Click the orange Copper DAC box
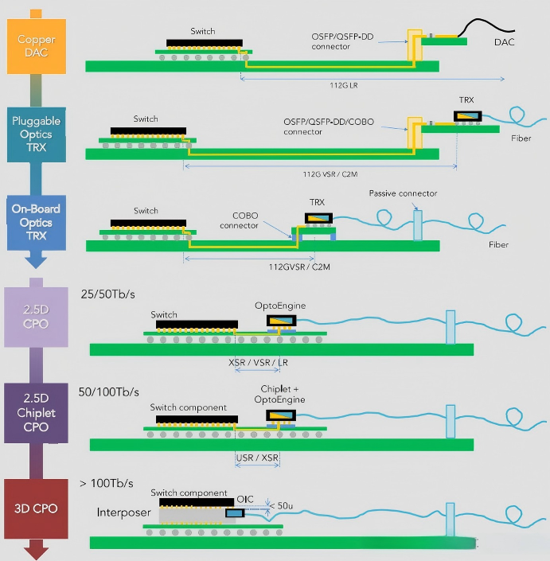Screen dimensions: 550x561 (x=37, y=46)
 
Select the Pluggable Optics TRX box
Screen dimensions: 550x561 (x=37, y=134)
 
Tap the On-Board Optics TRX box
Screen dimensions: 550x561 (x=37, y=222)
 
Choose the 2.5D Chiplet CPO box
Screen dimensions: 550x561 (x=36, y=413)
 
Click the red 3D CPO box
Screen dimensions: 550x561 (x=36, y=508)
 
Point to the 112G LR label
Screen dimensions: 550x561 (x=344, y=85)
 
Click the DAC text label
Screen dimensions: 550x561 (x=504, y=42)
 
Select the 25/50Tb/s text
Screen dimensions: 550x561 (x=107, y=294)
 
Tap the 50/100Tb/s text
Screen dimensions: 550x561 (x=108, y=392)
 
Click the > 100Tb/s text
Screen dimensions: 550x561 (x=107, y=483)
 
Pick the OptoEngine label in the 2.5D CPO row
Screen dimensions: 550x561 (x=280, y=306)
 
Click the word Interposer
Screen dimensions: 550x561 (x=124, y=512)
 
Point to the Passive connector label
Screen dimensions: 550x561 (x=403, y=193)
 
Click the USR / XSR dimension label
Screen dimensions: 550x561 (x=257, y=458)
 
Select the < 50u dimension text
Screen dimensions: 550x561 (x=281, y=506)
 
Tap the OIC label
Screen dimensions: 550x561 (x=245, y=499)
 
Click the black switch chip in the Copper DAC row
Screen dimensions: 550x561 (x=205, y=43)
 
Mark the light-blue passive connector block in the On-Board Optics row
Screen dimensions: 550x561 (x=418, y=225)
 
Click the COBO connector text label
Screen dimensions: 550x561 (x=239, y=220)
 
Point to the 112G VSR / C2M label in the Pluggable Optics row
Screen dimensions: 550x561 (x=330, y=174)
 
